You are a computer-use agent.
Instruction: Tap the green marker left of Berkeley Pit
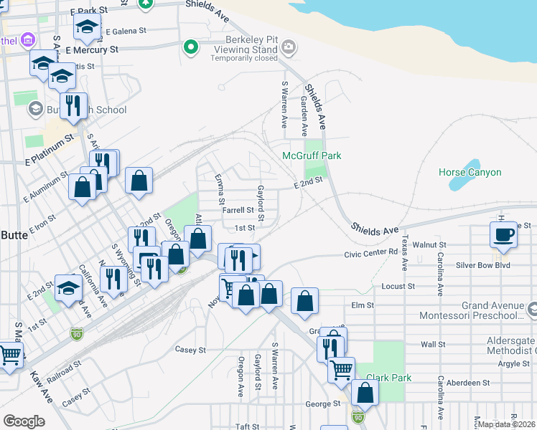point(190,48)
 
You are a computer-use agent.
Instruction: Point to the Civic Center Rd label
point(370,252)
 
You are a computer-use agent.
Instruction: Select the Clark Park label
point(388,377)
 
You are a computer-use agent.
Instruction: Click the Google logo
point(24,421)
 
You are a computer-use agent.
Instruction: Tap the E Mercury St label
point(91,50)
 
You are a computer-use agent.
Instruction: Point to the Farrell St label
point(238,211)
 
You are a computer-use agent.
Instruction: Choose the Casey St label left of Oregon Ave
point(191,350)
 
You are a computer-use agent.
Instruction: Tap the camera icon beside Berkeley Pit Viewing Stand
point(289,48)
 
